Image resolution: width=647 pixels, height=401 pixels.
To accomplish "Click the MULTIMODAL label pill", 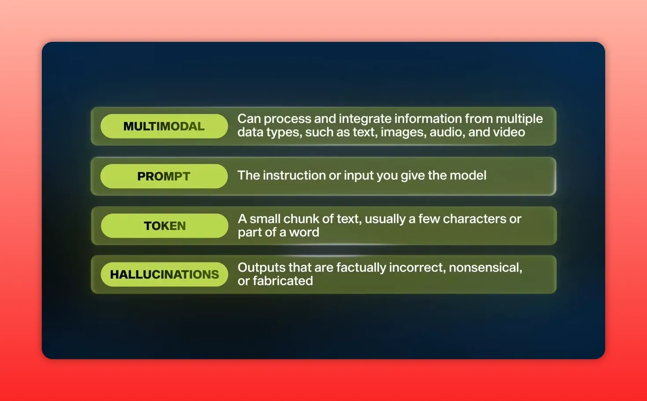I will [x=164, y=126].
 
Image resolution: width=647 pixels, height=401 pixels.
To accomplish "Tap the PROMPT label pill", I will [x=164, y=176].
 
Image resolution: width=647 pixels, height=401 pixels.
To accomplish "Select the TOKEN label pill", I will [x=165, y=226].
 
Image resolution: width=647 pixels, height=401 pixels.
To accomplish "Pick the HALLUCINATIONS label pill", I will [x=164, y=275].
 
